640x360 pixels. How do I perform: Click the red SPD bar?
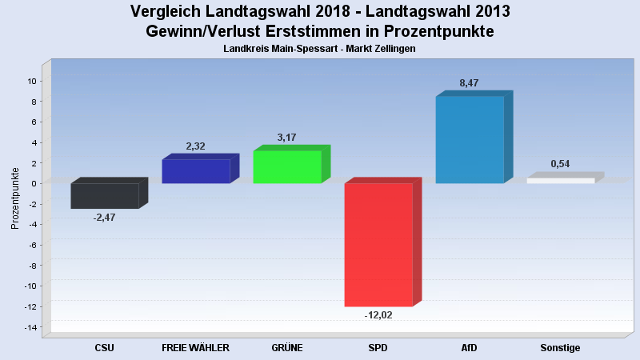coord(378,245)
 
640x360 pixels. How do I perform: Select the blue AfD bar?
coord(469,140)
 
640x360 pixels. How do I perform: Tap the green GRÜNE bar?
coord(286,167)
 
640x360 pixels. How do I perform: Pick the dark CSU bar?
coord(104,196)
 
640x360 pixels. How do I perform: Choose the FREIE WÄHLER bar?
coord(195,171)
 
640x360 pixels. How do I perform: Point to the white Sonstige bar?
coord(560,181)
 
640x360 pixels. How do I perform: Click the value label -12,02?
coord(378,315)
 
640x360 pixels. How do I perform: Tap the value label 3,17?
coord(286,138)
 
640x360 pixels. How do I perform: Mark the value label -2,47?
coord(104,218)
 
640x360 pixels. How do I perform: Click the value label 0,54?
coord(560,164)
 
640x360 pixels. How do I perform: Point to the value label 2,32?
coord(195,146)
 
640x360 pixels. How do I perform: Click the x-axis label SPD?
coord(378,348)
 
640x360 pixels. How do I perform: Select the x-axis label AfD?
coord(470,348)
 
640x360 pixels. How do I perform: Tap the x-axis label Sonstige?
coord(560,348)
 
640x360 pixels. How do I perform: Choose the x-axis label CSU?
coord(104,348)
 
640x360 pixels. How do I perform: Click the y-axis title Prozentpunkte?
coord(15,198)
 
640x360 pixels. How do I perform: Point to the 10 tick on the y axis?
coord(33,81)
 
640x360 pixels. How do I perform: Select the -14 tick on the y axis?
coord(31,327)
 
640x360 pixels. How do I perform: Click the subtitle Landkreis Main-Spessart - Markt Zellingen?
coord(320,50)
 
